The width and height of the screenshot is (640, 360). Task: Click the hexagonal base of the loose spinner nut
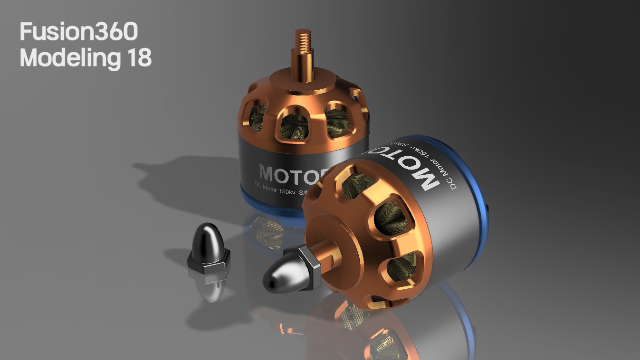coord(208,264)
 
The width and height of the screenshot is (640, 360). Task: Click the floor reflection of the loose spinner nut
coord(209,287)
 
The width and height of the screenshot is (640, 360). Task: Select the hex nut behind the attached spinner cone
coord(309,268)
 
